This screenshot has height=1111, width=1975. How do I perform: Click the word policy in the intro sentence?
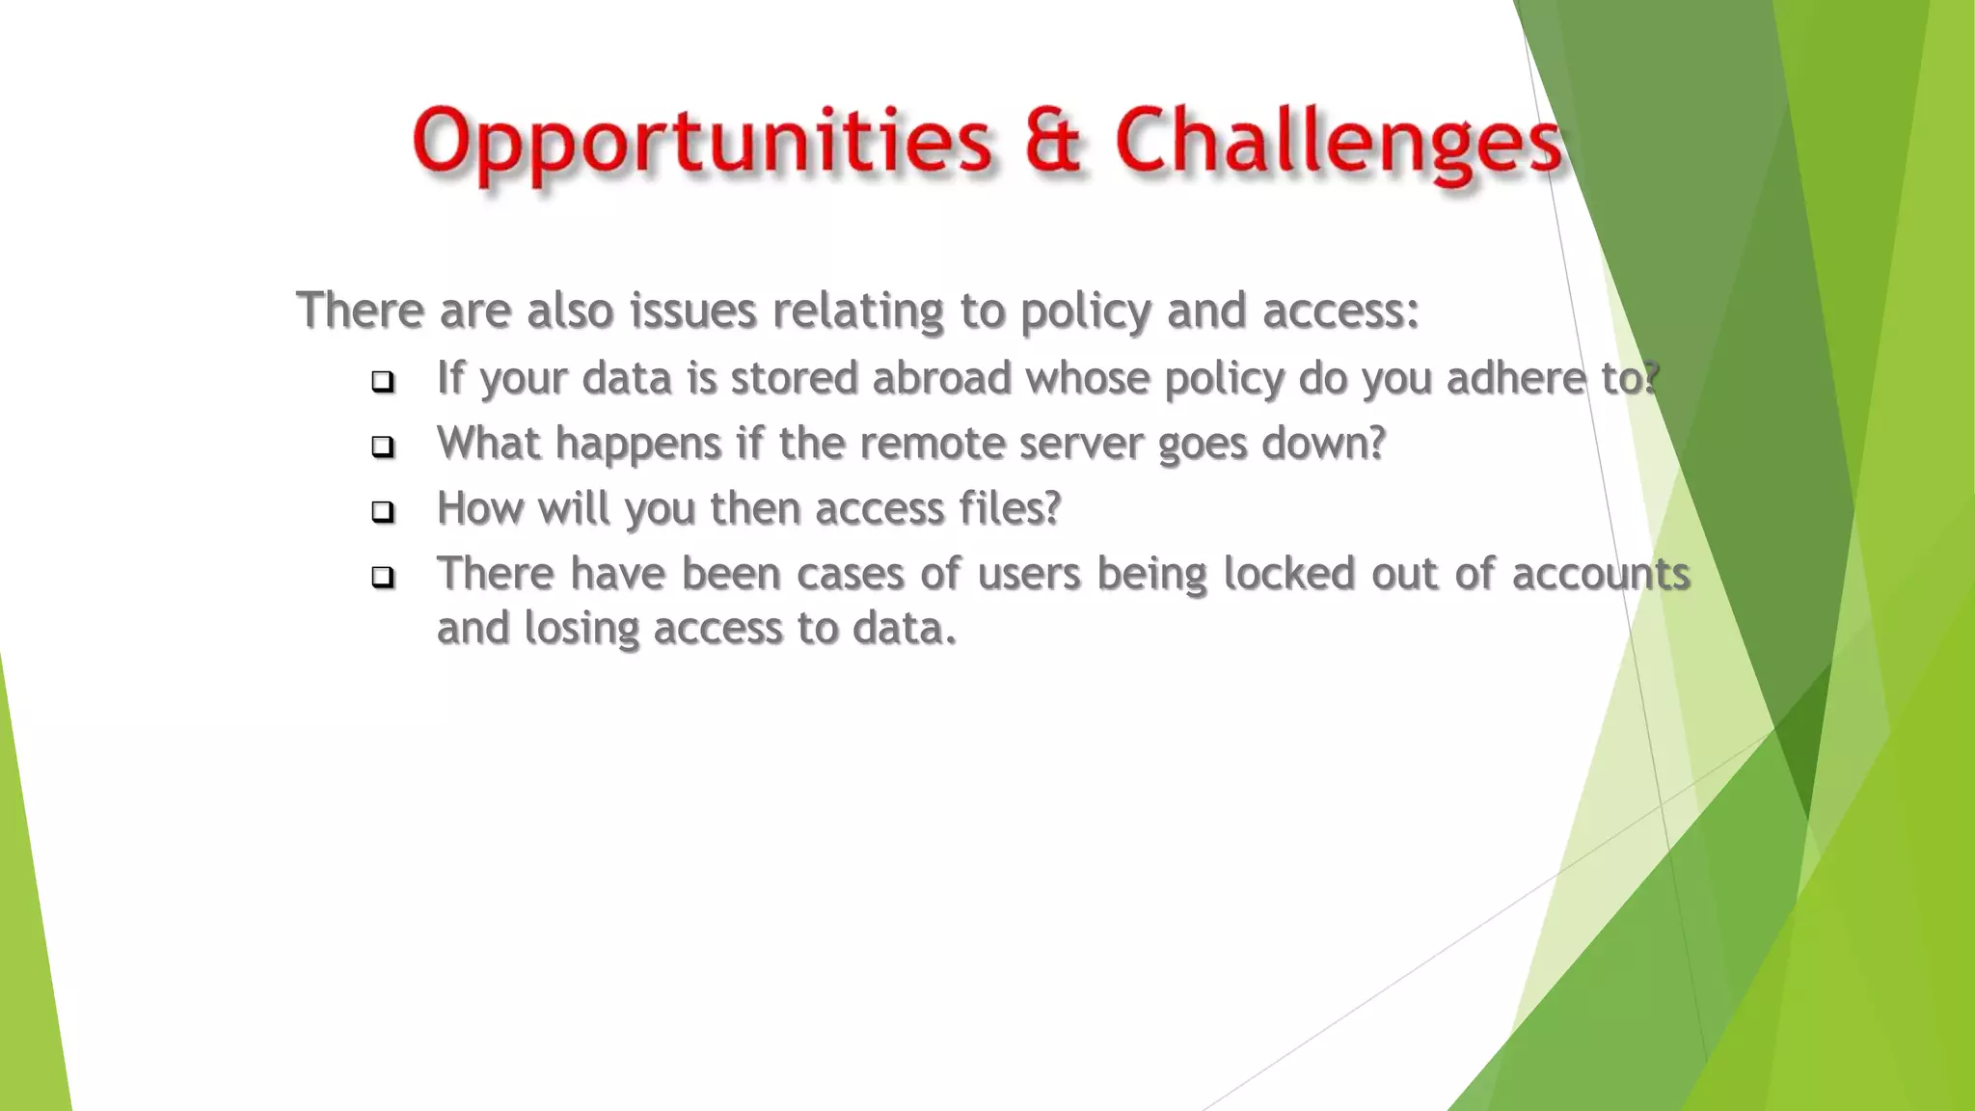point(1085,312)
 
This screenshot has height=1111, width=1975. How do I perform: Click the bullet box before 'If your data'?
point(383,382)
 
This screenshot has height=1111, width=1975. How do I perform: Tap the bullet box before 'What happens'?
point(383,447)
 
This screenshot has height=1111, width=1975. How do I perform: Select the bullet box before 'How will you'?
point(383,511)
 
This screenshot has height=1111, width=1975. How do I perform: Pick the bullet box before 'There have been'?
point(383,577)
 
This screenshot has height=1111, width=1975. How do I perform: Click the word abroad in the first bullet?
point(941,377)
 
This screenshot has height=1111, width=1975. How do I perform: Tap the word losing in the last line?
point(582,629)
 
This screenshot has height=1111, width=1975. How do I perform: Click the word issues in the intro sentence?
point(692,312)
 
